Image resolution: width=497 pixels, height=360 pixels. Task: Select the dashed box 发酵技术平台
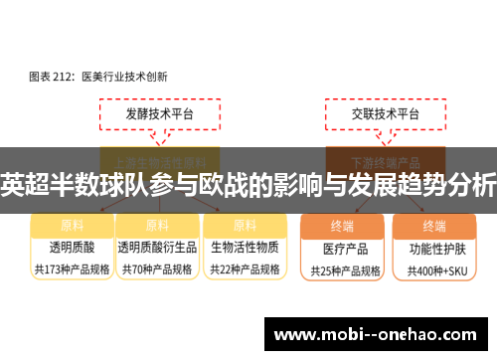click(x=159, y=115)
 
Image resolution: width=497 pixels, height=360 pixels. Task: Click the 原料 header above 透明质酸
click(x=71, y=226)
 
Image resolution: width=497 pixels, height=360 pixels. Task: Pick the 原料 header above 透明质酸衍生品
click(x=157, y=226)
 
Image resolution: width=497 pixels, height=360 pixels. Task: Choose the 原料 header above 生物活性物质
click(x=245, y=226)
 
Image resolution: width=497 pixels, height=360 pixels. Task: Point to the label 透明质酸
click(x=71, y=247)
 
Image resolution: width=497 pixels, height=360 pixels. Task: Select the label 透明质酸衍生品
click(x=157, y=247)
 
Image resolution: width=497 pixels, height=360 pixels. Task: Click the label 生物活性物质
click(x=245, y=247)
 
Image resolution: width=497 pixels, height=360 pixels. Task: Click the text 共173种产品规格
click(x=71, y=269)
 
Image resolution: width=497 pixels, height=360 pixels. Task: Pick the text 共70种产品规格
click(x=157, y=269)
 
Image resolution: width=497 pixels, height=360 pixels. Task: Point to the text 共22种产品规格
click(x=245, y=269)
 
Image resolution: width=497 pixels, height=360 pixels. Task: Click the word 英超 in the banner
click(x=22, y=185)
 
